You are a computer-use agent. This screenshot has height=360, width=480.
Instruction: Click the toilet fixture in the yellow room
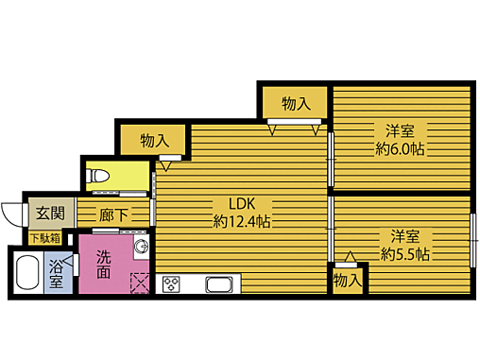(x=101, y=176)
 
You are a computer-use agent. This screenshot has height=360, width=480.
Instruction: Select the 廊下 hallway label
(x=114, y=214)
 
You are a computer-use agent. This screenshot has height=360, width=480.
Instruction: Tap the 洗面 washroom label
(x=103, y=263)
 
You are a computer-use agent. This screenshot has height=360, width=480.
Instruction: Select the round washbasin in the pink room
(x=140, y=248)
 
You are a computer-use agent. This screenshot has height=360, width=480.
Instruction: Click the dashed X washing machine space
(x=140, y=282)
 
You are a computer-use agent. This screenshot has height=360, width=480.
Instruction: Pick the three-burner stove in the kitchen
(x=172, y=283)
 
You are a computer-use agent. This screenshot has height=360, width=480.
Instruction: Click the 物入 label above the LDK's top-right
(x=296, y=102)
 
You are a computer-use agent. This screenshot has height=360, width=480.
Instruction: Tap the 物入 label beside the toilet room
(x=154, y=141)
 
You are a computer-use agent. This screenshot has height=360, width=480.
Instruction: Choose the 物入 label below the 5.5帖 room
(x=348, y=280)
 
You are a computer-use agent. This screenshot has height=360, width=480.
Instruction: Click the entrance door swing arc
(x=11, y=214)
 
